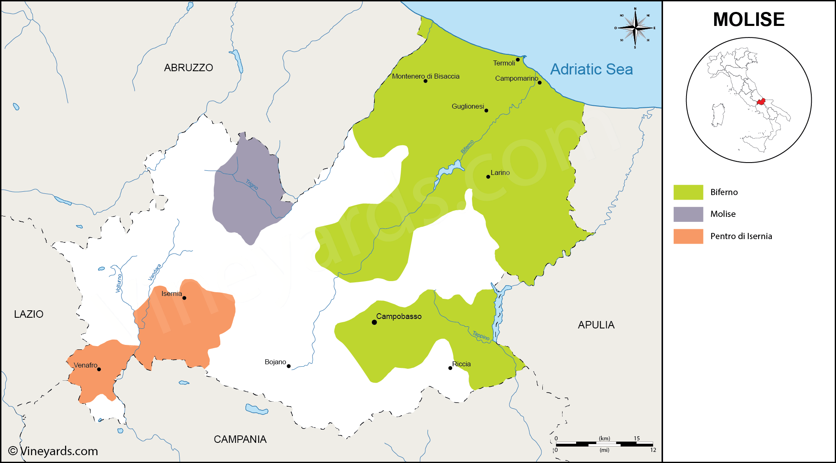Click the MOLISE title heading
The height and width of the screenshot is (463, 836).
748,19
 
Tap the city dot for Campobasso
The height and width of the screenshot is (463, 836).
374,322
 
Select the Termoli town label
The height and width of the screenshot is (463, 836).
504,63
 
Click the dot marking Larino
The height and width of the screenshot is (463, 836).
488,177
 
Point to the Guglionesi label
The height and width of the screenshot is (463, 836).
467,106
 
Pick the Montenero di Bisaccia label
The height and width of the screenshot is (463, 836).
425,76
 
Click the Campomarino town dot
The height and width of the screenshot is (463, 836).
539,83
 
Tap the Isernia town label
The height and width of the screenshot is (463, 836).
171,293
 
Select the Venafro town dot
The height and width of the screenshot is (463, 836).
99,369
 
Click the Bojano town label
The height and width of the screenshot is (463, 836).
275,362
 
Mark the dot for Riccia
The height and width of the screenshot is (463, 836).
450,368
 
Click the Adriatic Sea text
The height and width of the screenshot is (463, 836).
591,69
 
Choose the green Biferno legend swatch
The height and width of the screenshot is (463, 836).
688,192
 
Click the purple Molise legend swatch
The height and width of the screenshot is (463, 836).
688,214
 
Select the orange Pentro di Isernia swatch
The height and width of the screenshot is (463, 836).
688,236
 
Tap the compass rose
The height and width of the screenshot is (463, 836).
635,28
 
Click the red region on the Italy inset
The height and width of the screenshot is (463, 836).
761,101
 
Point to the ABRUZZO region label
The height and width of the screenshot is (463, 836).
188,67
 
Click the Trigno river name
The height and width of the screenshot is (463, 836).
252,184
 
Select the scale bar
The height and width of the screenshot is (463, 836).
604,444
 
